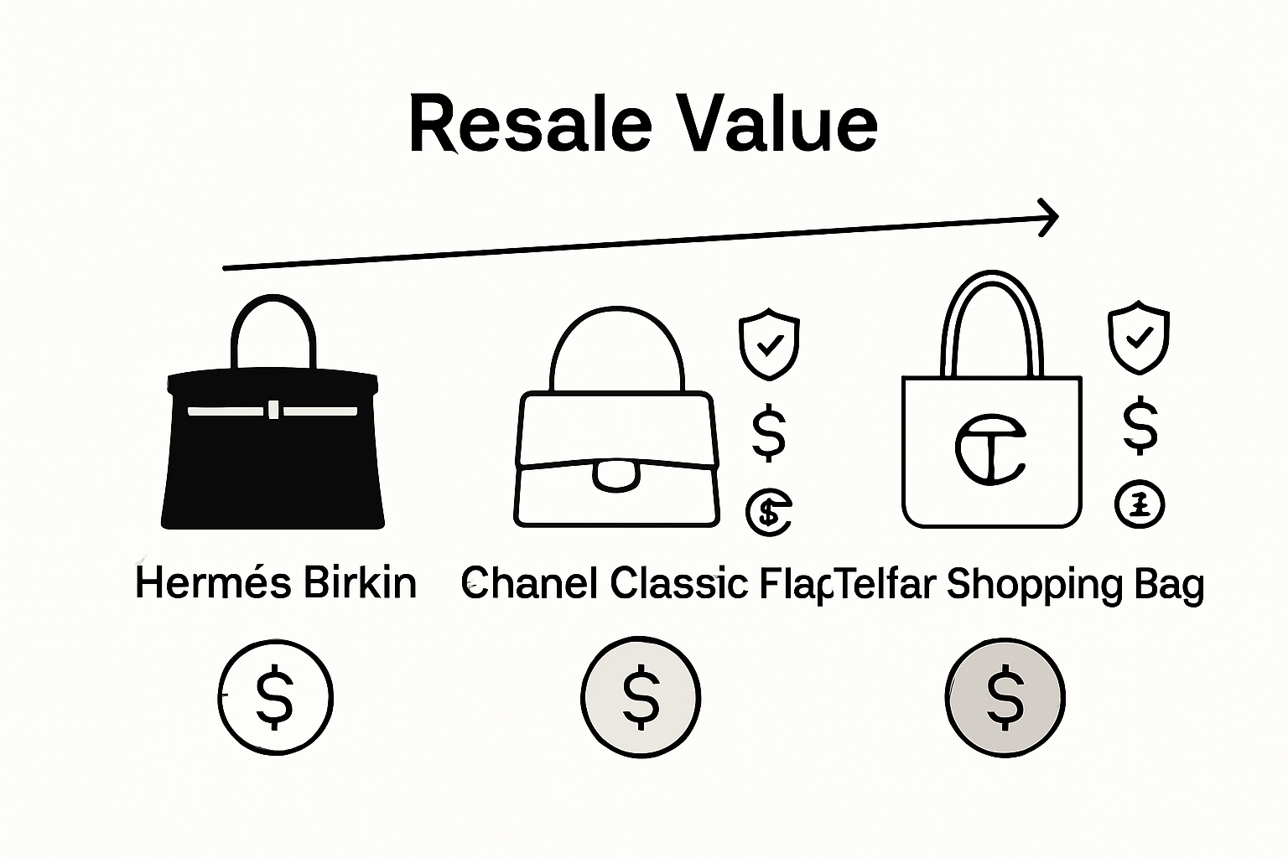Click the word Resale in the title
click(529, 126)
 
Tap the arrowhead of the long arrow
click(1050, 217)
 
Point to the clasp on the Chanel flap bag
click(615, 473)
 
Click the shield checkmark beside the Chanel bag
click(769, 344)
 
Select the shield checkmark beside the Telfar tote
click(1139, 338)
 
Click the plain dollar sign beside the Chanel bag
click(768, 432)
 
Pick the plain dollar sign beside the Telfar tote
click(1140, 426)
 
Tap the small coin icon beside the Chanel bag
click(769, 512)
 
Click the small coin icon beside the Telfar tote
click(1140, 504)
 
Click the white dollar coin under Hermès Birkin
click(275, 696)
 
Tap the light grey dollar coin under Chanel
click(641, 696)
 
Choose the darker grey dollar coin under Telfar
click(1005, 696)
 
